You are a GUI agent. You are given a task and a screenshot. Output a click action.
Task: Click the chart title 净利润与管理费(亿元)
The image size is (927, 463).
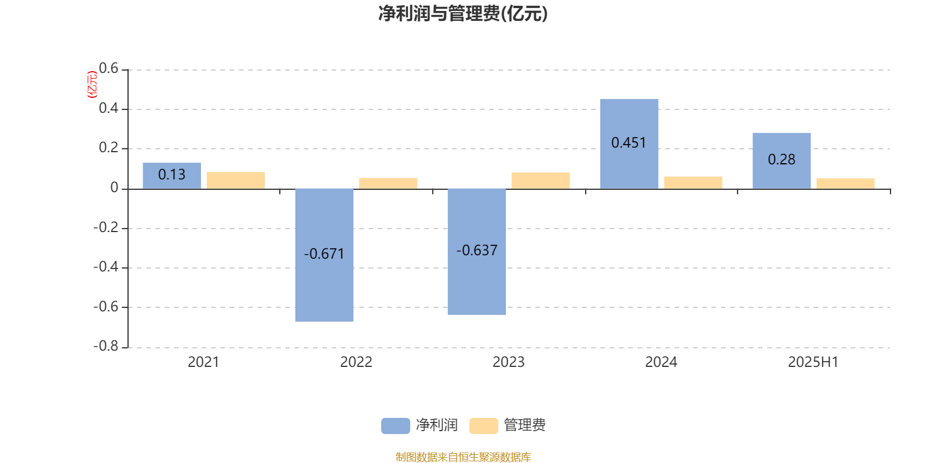coord(463,14)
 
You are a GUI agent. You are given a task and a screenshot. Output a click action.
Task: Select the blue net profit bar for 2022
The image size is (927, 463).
coord(324,255)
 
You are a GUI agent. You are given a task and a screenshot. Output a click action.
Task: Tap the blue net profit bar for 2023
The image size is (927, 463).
coord(477,252)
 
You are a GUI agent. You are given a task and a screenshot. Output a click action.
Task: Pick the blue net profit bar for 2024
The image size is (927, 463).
coord(629,144)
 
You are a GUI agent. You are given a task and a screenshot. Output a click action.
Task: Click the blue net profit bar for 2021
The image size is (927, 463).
coord(171,176)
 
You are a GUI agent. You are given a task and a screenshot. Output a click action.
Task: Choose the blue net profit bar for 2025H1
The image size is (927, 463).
coord(782,161)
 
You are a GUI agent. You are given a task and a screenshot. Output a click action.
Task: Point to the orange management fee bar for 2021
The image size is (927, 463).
coord(236,181)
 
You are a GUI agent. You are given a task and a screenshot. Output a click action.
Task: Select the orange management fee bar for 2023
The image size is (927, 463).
coord(541,181)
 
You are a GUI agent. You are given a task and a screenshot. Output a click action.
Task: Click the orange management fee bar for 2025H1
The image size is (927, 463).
coord(845,183)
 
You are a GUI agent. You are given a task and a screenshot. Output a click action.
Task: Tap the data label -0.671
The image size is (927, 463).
coord(324,254)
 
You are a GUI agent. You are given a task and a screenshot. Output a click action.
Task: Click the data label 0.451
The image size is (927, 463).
coord(629,142)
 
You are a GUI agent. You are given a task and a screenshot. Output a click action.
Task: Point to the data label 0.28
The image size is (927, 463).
coord(782,160)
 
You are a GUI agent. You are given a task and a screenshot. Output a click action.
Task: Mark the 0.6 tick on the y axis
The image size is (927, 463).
coord(108,68)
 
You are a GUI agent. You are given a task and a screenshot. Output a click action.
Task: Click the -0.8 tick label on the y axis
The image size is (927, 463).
coord(105,346)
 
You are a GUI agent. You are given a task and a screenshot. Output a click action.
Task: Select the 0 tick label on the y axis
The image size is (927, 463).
coord(114,188)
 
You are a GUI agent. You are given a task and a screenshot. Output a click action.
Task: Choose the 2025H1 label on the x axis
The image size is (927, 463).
coord(813,362)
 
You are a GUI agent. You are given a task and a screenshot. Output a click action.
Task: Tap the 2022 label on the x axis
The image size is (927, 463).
coord(356,362)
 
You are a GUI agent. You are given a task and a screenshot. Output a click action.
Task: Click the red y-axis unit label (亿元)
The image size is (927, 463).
coord(92,84)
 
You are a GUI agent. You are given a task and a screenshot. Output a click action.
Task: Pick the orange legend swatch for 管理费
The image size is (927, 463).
coord(483,426)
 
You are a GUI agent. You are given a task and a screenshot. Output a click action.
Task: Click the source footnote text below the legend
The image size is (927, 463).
coord(463,457)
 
